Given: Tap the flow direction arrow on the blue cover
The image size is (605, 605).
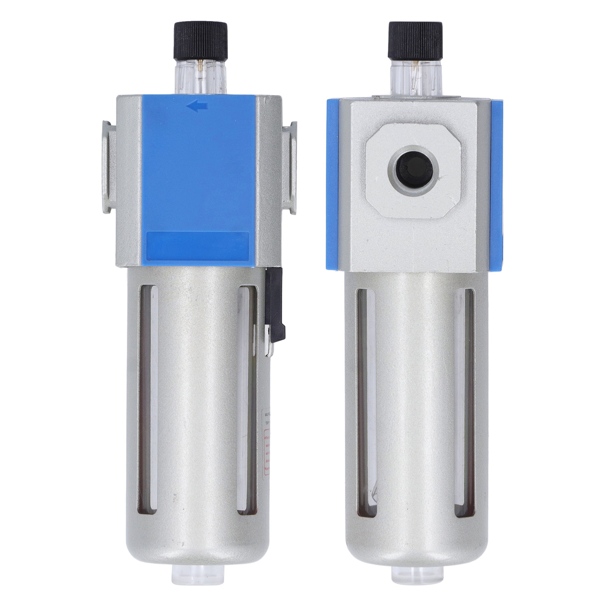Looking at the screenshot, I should pyautogui.click(x=197, y=107).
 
